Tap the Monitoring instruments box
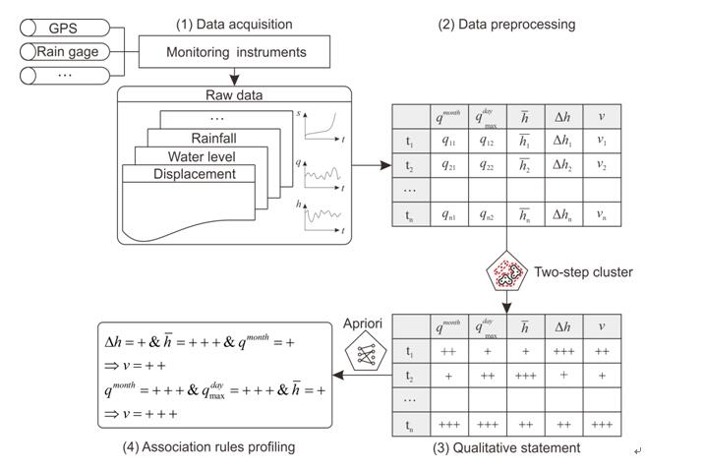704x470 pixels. (235, 52)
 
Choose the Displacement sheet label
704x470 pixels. (194, 174)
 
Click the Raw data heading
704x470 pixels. (235, 95)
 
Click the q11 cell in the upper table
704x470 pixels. (448, 140)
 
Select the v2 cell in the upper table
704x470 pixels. (602, 164)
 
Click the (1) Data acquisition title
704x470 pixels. (233, 24)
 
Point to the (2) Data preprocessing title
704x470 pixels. (506, 24)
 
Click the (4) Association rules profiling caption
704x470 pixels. (204, 447)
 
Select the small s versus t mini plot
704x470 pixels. (325, 127)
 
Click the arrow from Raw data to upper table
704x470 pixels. (372, 164)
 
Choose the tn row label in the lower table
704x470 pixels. (410, 425)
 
